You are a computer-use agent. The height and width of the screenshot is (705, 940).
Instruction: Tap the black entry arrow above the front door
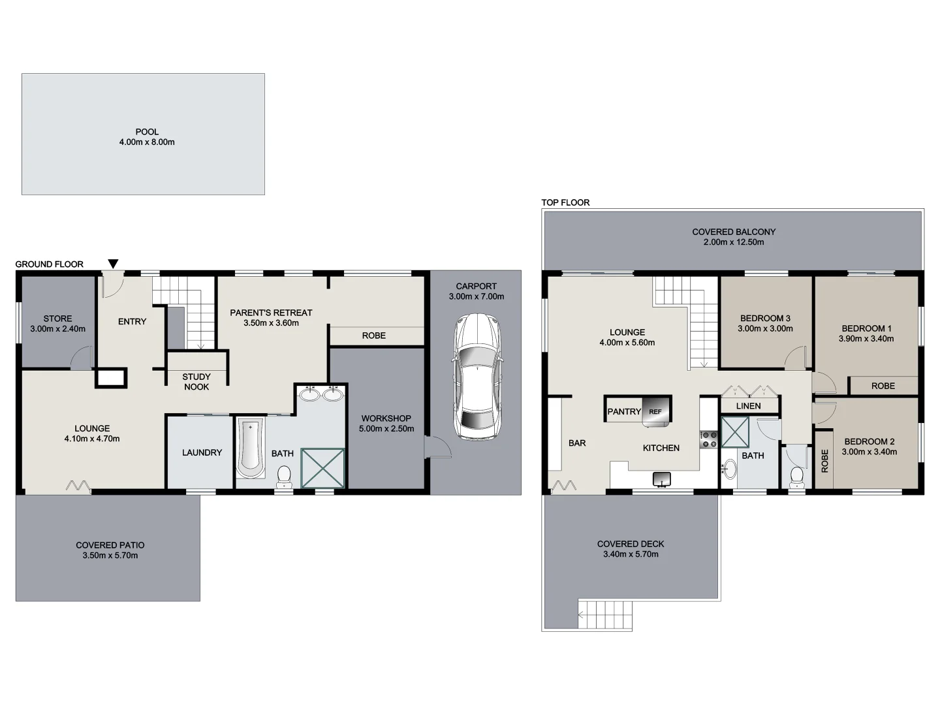[x=113, y=264]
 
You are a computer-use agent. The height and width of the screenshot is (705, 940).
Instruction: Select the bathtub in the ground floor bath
[x=251, y=448]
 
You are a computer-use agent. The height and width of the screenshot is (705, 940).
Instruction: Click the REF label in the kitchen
[x=655, y=412]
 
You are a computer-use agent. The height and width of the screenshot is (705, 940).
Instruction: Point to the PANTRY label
[x=624, y=411]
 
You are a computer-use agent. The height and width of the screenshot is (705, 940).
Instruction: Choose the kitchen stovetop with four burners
[x=709, y=439]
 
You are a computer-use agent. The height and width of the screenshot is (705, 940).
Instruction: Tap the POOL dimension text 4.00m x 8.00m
[x=147, y=142]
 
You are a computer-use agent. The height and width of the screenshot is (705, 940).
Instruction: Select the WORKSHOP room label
[x=386, y=418]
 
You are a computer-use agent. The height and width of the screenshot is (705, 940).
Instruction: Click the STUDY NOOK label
[x=196, y=382]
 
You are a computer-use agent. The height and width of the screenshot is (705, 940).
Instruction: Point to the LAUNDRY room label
[x=202, y=452]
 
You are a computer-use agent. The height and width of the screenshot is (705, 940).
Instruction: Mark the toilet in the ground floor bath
[x=284, y=477]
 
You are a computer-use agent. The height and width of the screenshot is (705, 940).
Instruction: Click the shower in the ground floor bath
[x=322, y=467]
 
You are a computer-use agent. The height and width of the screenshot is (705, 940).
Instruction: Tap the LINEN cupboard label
[x=748, y=406]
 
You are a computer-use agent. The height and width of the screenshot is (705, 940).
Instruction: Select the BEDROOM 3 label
[x=765, y=319]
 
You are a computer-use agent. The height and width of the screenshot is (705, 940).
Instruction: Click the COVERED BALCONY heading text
[x=734, y=232]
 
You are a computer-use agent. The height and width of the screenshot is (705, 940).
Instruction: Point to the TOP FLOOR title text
[x=565, y=202]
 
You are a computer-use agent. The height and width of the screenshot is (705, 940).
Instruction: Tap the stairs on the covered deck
[x=605, y=613]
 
